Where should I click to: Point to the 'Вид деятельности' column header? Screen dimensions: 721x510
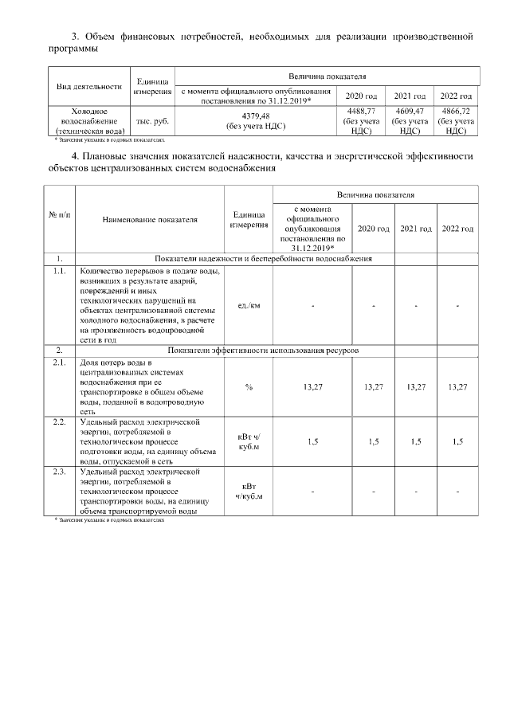(x=88, y=86)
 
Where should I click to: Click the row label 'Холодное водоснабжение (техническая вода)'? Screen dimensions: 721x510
(x=88, y=121)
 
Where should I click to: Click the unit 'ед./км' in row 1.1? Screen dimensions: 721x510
(x=249, y=306)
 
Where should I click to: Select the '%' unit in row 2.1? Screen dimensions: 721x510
(x=249, y=386)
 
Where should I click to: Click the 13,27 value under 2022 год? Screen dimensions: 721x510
(x=457, y=386)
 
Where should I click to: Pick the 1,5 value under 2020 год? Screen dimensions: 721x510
(x=374, y=441)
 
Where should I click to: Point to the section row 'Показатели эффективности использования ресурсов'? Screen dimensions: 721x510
(x=263, y=351)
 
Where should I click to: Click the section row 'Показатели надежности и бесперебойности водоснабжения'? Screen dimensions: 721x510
(x=263, y=259)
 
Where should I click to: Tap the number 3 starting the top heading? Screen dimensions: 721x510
(x=76, y=37)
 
